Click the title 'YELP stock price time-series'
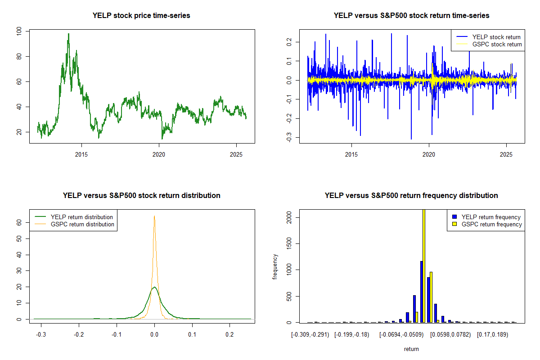[141, 16]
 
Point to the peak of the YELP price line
[68, 34]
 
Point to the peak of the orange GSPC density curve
[154, 216]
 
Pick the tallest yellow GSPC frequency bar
[423, 265]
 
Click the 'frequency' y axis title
[275, 266]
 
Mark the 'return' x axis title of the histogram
[411, 349]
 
